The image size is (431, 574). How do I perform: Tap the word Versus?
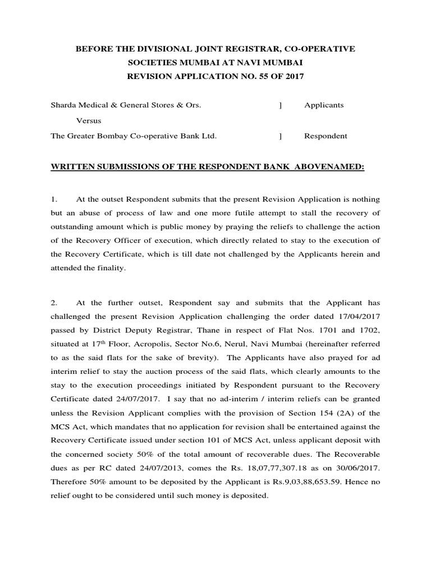[89, 121]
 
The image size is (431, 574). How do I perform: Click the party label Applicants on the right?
[324, 105]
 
